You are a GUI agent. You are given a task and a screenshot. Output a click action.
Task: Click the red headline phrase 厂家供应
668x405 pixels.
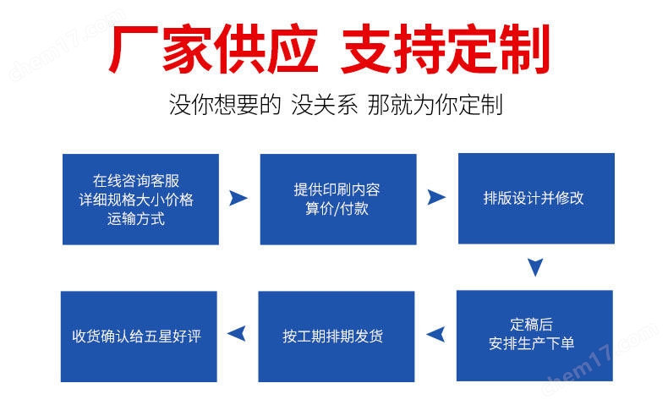213,49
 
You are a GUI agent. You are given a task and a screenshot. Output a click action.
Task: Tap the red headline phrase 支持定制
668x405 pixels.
446,49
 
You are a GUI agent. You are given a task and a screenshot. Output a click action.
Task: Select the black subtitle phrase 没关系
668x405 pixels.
324,105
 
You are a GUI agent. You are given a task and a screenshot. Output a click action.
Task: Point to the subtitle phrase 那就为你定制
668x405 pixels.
435,105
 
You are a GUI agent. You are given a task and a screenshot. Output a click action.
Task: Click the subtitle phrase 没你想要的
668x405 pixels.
225,105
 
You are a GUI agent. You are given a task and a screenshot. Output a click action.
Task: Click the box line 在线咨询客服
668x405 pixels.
136,181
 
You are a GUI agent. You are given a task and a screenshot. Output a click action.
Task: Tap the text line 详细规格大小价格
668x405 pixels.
136,200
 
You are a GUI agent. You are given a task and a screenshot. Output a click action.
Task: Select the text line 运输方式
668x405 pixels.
136,219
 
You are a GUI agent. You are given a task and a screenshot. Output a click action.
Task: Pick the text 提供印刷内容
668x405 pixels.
337,189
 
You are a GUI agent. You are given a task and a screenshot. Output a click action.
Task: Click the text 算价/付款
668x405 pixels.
337,209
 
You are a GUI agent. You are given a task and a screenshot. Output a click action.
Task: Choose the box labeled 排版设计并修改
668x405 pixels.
536,199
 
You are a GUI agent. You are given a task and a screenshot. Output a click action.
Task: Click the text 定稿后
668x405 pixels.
531,324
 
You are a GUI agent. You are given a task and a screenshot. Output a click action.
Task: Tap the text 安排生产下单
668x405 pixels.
531,343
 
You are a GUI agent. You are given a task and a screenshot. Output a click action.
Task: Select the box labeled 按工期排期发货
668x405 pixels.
337,337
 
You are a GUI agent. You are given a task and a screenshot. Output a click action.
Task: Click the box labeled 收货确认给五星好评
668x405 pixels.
139,337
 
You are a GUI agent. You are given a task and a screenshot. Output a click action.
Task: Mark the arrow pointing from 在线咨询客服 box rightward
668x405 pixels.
238,198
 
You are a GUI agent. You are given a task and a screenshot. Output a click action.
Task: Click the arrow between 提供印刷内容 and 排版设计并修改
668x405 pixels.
436,198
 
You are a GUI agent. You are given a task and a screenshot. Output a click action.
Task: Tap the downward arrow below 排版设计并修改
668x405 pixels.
535,267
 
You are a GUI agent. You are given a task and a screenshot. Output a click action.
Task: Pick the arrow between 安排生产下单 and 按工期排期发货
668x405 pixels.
435,334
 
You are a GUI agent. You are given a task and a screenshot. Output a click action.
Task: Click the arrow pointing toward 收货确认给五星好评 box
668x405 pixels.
237,333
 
